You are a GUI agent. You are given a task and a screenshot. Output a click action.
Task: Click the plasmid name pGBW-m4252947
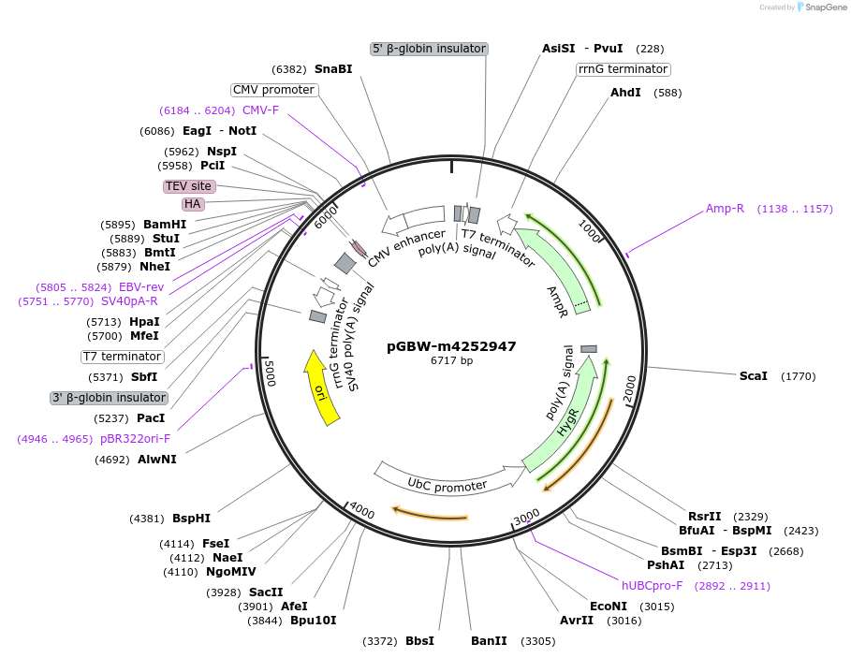click(x=451, y=345)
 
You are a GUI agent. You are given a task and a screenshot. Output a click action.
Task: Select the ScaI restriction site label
click(x=753, y=376)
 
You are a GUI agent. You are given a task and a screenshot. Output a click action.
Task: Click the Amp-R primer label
click(x=725, y=208)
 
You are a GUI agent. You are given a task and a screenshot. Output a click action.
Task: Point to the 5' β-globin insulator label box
click(x=429, y=49)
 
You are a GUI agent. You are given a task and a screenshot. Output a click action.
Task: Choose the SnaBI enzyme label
click(x=333, y=68)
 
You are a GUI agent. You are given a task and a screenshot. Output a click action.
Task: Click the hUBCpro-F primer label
click(x=652, y=585)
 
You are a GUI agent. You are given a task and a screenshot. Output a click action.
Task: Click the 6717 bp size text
click(x=451, y=360)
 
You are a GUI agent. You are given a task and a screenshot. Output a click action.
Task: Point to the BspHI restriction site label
click(x=191, y=518)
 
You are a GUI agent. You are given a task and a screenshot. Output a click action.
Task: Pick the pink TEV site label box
click(x=189, y=186)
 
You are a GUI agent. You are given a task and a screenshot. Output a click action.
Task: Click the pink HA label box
click(x=193, y=204)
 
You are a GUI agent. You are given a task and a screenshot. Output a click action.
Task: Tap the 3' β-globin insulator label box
click(x=109, y=398)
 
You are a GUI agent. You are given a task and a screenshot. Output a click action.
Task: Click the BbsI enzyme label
click(x=419, y=641)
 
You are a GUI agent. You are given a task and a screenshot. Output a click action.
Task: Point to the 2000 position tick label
click(x=630, y=387)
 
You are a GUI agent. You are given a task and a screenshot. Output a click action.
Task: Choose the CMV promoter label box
click(x=273, y=90)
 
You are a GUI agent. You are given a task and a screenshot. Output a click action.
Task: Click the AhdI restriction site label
click(x=625, y=93)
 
